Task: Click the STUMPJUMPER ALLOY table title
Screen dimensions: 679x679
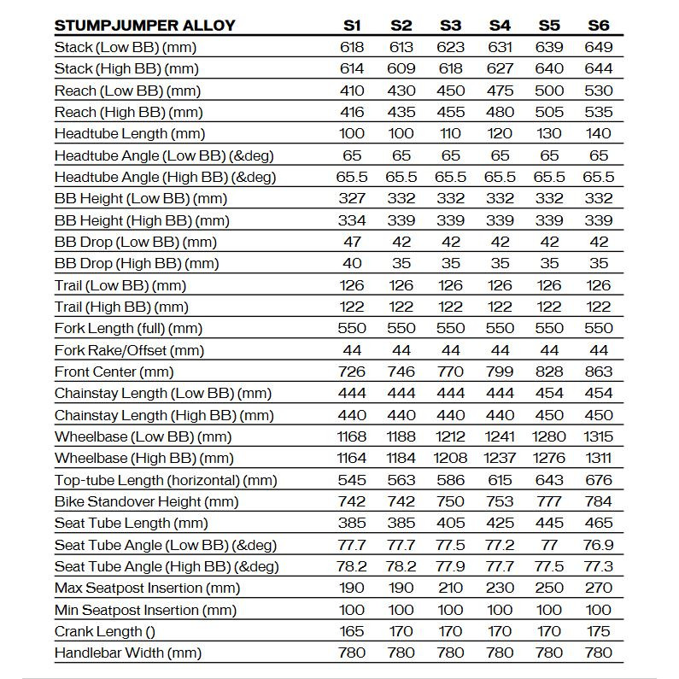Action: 144,25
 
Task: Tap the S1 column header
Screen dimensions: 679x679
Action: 352,25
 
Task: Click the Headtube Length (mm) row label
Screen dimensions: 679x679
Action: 130,133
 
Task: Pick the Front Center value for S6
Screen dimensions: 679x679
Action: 599,372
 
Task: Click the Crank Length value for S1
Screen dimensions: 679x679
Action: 352,631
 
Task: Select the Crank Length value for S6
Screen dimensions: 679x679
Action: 599,631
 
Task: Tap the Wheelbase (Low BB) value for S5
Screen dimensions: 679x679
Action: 549,436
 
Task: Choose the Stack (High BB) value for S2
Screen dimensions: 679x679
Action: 401,68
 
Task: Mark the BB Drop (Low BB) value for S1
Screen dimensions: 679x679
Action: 352,242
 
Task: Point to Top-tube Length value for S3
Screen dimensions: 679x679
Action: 450,480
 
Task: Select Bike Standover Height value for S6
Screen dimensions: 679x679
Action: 599,501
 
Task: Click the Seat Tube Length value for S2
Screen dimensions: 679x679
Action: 401,523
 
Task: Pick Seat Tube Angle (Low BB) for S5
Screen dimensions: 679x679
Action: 549,545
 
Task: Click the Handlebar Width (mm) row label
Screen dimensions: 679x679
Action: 128,653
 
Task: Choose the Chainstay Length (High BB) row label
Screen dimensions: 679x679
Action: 164,415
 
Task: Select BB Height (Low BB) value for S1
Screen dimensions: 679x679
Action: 352,198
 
